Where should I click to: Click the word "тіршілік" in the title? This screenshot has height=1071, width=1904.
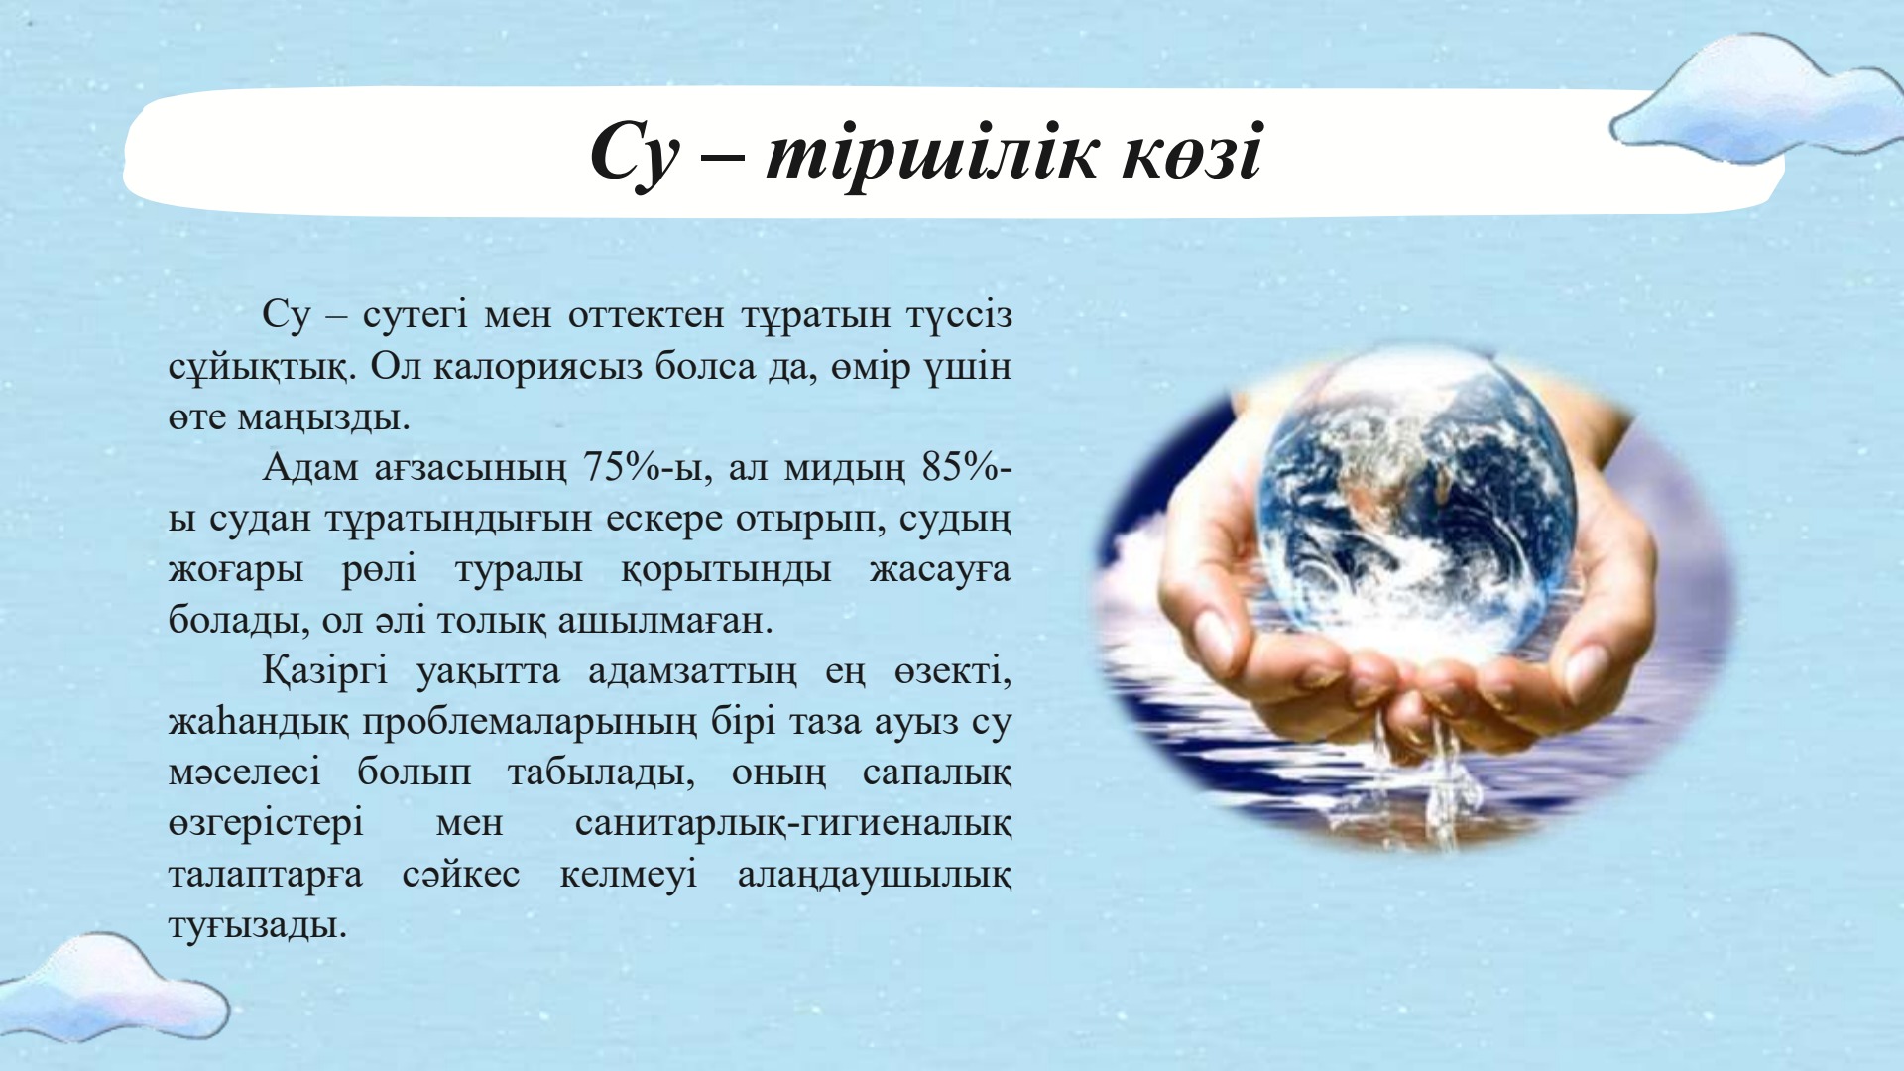[x=931, y=154]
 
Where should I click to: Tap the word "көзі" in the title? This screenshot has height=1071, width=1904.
[x=1191, y=154]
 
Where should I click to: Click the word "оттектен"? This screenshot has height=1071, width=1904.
[x=646, y=314]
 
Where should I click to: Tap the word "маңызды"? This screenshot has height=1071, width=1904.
[x=322, y=416]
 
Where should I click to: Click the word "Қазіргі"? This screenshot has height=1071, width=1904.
[x=324, y=670]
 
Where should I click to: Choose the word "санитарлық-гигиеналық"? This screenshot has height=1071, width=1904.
[x=792, y=823]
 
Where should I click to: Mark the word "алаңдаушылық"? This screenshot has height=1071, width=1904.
[x=874, y=875]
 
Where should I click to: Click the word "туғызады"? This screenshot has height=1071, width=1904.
[x=257, y=925]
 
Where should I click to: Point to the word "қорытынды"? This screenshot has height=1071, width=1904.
[x=725, y=569]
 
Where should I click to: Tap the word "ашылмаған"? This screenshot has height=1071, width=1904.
[x=664, y=620]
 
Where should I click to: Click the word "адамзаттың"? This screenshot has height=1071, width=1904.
[x=691, y=670]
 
